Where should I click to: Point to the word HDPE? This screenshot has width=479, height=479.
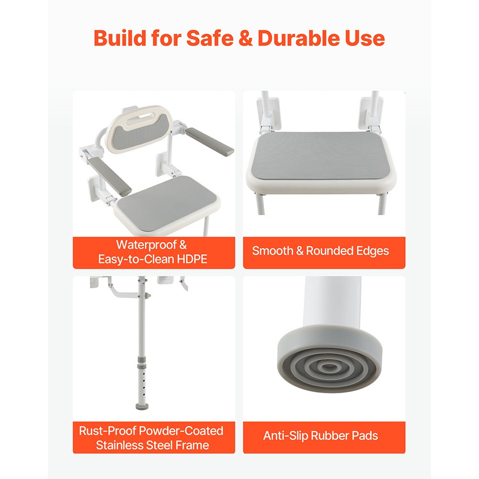[x=194, y=259]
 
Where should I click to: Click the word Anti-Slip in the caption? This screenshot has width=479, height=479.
[x=285, y=436]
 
